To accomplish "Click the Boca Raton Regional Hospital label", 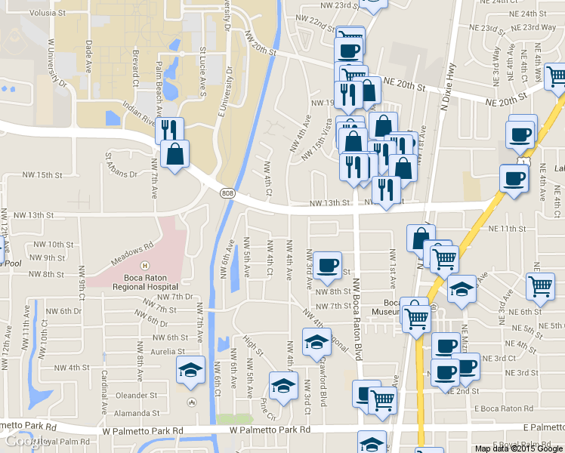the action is [144, 282].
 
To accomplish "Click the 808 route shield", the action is [228, 193].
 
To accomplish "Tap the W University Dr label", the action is [57, 63].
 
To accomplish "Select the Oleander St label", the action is [136, 395].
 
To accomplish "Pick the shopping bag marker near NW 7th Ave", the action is [175, 155].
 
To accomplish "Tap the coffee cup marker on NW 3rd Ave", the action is [328, 265].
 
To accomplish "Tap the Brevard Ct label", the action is [135, 70].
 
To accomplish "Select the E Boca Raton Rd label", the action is [505, 408].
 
